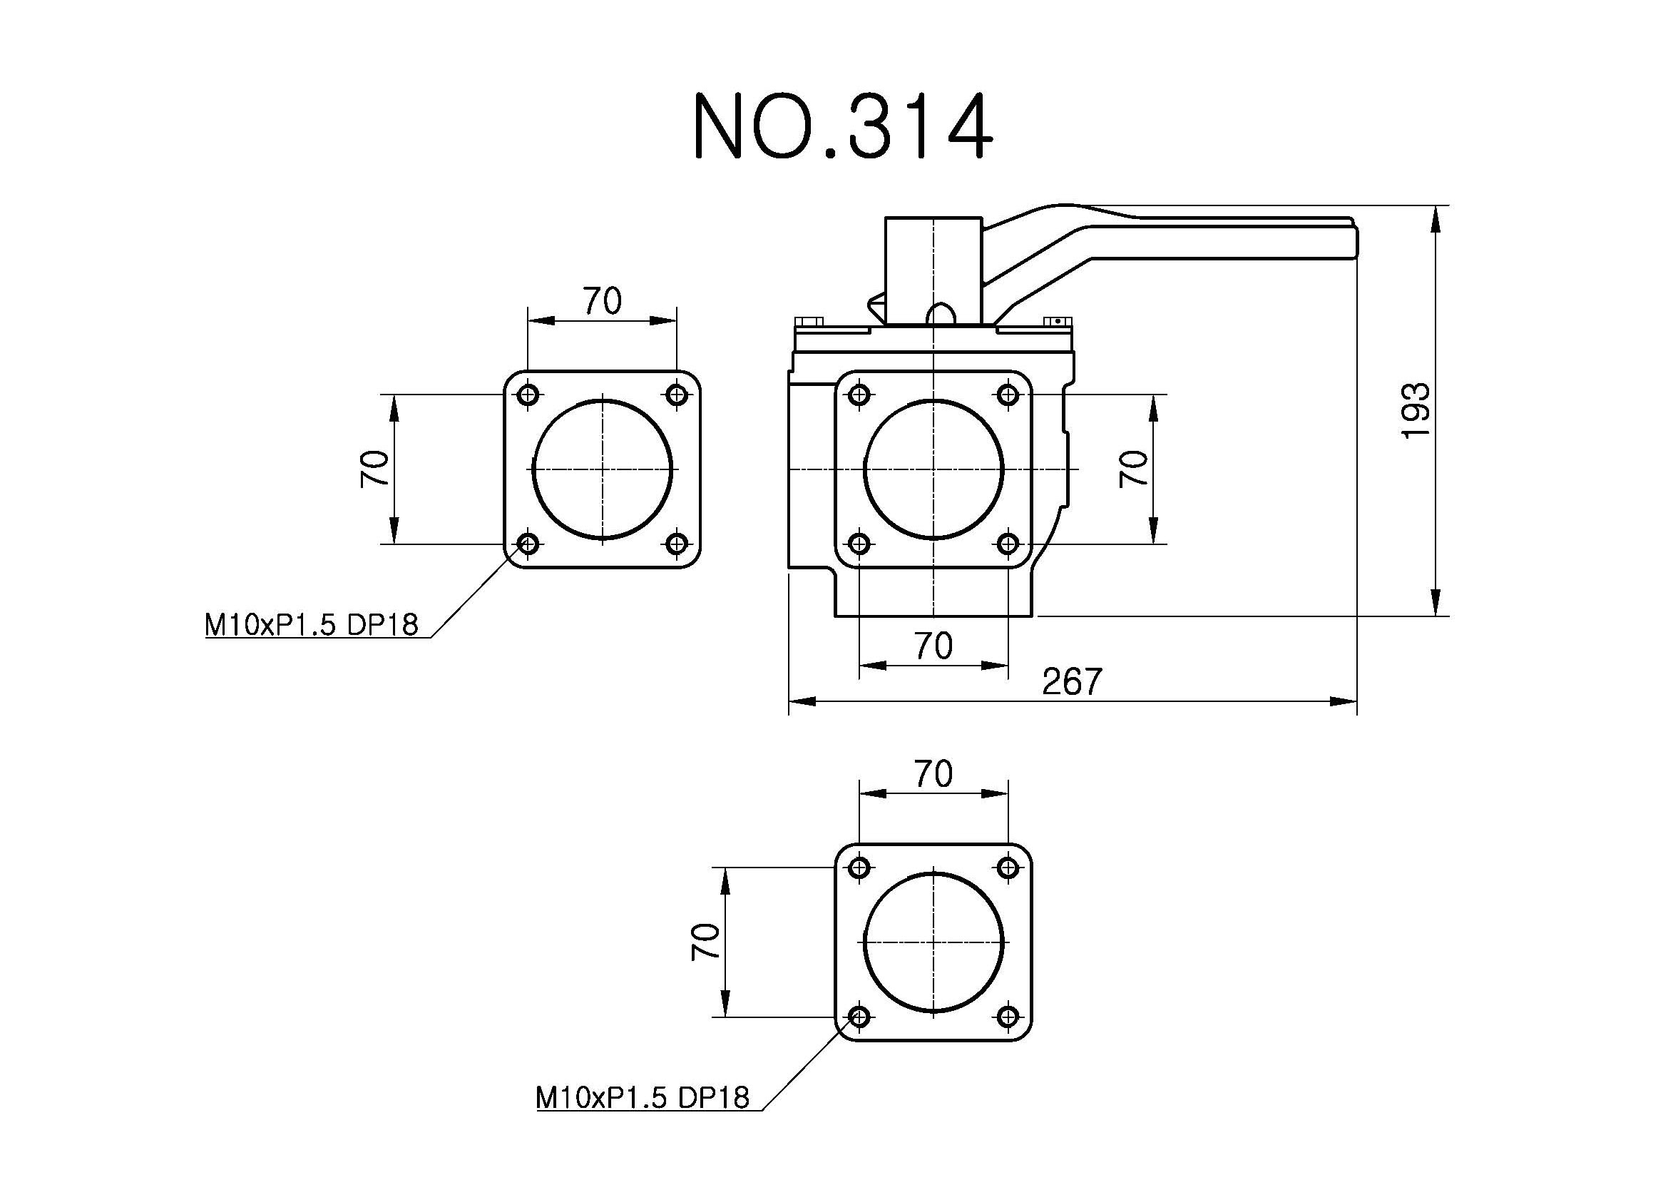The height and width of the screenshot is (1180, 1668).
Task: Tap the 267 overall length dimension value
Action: tap(1072, 681)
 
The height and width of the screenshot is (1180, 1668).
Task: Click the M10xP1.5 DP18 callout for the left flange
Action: tap(312, 625)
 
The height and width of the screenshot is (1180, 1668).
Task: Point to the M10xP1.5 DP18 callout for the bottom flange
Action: tap(643, 1097)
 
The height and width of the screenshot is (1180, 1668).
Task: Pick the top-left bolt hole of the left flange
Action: tap(528, 395)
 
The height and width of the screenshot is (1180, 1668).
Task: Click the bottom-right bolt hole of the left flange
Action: tap(677, 544)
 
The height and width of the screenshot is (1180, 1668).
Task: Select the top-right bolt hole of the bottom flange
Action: tap(1008, 868)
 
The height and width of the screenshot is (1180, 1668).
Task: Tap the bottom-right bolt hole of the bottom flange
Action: tap(1008, 1017)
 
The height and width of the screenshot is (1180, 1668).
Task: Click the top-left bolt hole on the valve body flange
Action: tap(859, 395)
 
